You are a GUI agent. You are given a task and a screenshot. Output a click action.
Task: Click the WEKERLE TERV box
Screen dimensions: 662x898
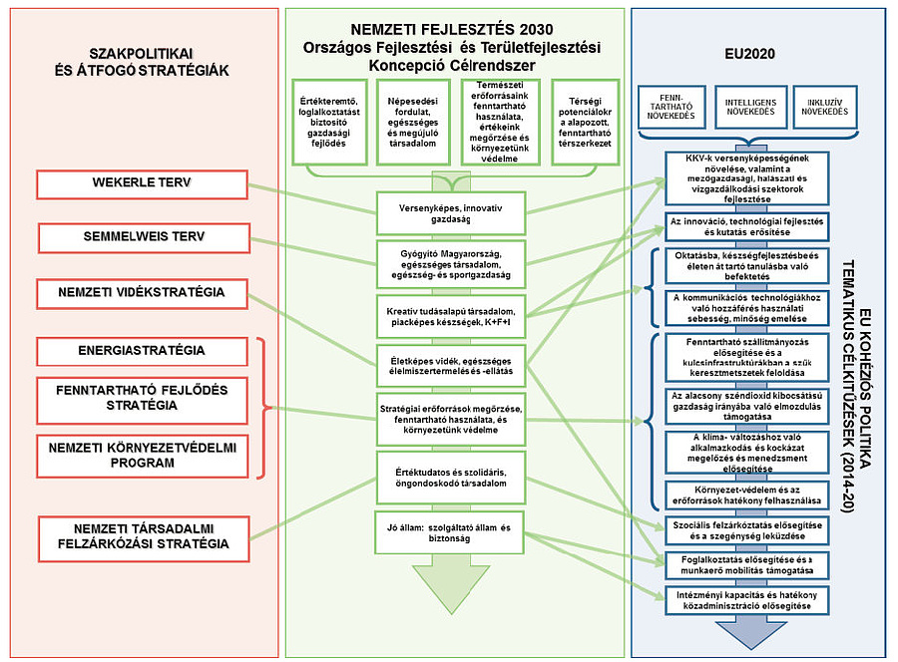tap(141, 184)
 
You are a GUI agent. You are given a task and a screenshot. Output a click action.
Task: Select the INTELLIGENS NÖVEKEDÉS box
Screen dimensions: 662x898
tap(750, 107)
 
